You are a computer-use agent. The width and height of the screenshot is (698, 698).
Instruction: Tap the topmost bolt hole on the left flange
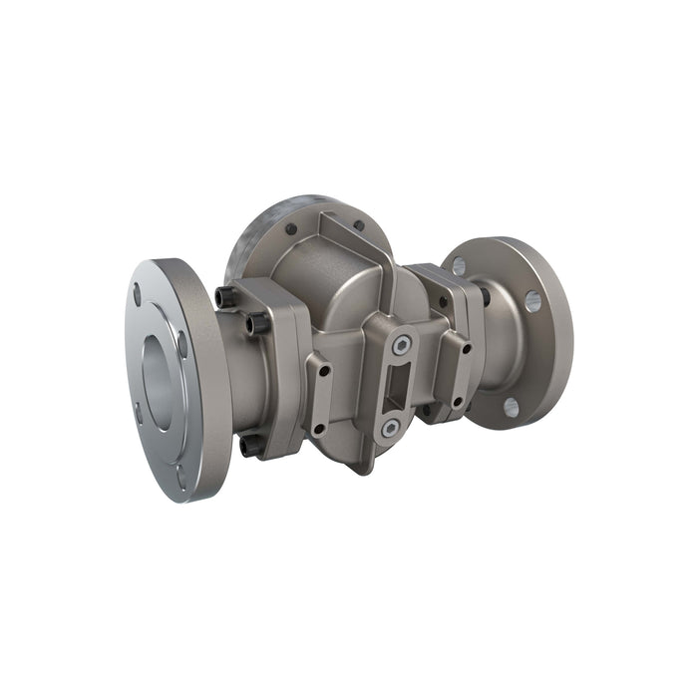[x=137, y=293]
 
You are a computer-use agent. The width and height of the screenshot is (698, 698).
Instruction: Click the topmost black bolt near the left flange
[x=225, y=297]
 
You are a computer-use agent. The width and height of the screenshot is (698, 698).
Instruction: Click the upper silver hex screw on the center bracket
[x=401, y=345]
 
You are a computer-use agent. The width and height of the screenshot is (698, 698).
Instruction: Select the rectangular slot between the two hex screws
[x=396, y=387]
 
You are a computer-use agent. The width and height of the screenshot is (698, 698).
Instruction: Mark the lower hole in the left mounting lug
[x=319, y=429]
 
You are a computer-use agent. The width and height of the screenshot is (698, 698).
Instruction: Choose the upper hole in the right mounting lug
[x=466, y=348]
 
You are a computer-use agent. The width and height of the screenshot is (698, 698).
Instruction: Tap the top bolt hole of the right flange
[x=459, y=265]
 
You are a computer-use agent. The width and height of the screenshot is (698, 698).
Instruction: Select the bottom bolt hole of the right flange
[x=511, y=406]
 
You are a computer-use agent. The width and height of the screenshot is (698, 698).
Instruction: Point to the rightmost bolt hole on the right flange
[x=533, y=300]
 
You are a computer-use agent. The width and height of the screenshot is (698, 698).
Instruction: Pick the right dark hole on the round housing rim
[x=358, y=225]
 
